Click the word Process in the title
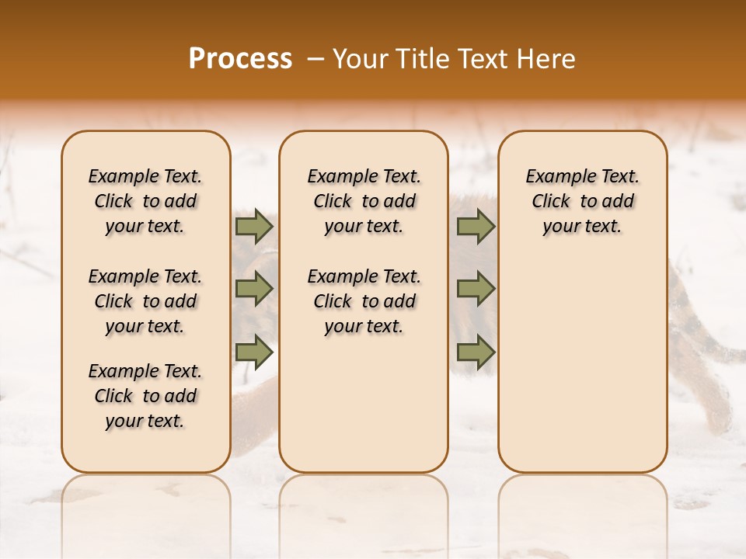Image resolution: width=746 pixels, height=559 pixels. tap(240, 59)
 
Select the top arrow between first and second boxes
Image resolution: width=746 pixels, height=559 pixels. tap(254, 226)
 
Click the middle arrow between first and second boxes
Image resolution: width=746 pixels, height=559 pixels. tap(254, 289)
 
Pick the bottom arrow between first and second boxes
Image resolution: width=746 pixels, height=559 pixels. tap(254, 352)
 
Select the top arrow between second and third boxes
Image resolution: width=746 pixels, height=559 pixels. tap(476, 226)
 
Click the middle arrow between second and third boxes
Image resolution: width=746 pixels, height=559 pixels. tap(476, 289)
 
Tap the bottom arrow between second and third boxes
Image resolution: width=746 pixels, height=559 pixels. tap(476, 352)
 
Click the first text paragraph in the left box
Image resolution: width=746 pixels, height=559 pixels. tap(145, 201)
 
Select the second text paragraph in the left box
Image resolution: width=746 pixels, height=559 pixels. tap(145, 301)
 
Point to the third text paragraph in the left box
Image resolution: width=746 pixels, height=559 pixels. tap(145, 396)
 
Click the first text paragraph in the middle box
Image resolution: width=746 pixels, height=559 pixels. tap(364, 201)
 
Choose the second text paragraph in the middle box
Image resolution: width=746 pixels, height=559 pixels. tap(364, 301)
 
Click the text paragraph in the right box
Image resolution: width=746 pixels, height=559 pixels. tap(582, 201)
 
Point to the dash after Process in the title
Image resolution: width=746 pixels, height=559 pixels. tap(316, 60)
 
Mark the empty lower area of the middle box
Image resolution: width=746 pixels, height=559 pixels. tap(364, 404)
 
